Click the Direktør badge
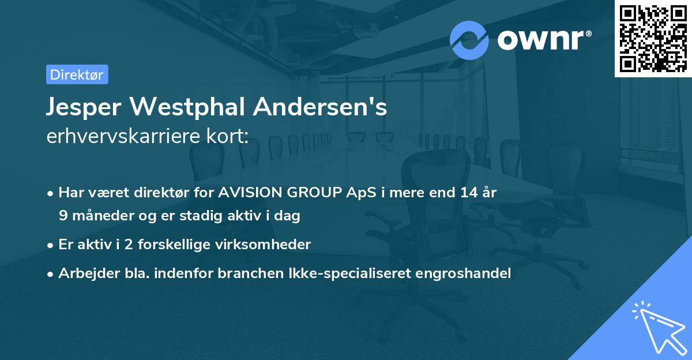[77, 74]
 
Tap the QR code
[653, 38]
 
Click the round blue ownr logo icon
[469, 40]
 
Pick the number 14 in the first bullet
[467, 193]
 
